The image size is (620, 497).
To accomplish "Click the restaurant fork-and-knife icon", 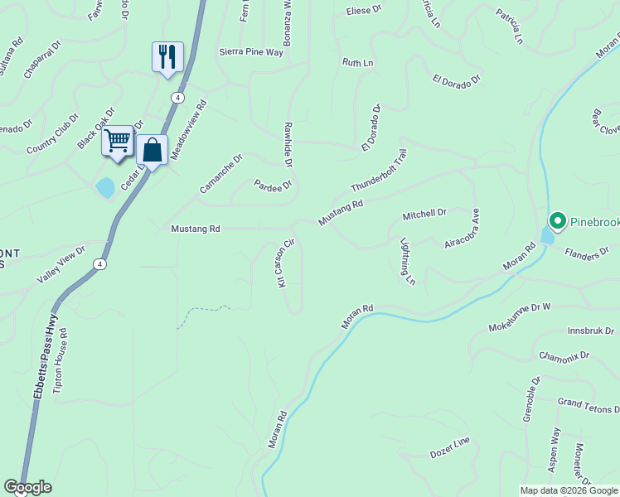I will (167, 57).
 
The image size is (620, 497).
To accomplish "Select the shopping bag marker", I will (152, 150).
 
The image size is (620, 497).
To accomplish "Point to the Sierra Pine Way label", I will (251, 52).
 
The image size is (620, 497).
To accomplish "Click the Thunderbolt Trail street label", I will (379, 171).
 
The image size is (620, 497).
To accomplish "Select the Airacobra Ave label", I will (463, 229).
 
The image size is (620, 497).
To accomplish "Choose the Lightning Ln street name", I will (407, 263).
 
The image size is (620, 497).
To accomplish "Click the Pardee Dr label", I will (273, 185).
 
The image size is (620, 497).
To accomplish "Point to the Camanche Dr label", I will (220, 174).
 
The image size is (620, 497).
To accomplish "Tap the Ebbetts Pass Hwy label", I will (46, 357).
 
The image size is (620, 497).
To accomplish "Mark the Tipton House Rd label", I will (61, 363).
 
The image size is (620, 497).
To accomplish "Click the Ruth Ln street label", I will (358, 62).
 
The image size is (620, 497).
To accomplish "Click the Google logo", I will (27, 487).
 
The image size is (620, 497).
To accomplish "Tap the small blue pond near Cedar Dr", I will (105, 187).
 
